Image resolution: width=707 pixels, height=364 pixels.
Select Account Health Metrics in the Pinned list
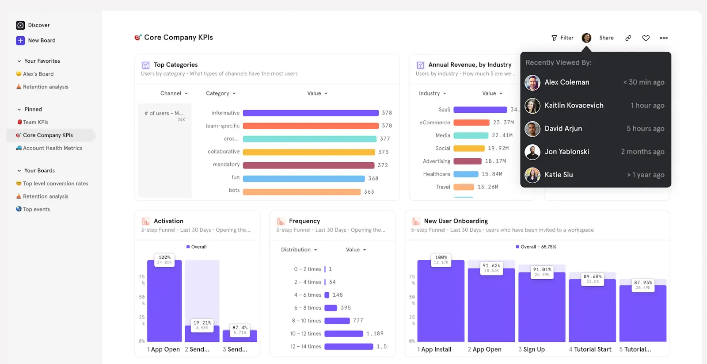click(52, 148)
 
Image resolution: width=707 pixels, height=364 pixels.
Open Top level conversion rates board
click(55, 184)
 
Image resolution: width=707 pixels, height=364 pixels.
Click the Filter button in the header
click(563, 38)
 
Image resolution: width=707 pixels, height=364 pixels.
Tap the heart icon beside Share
click(646, 38)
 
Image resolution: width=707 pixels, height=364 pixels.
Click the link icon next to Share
click(628, 38)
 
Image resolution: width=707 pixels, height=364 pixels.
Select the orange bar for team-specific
click(311, 126)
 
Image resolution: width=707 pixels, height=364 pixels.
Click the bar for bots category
click(302, 192)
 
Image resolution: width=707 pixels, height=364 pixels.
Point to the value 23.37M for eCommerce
click(503, 123)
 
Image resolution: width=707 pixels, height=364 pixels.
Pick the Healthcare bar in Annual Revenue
click(466, 174)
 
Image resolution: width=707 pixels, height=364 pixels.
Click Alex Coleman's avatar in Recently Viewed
click(532, 82)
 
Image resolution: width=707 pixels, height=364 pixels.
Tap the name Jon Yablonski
click(566, 152)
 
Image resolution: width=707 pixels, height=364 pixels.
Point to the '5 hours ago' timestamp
click(645, 129)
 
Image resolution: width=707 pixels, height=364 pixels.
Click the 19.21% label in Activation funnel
click(202, 323)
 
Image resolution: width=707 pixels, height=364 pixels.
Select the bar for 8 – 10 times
click(337, 321)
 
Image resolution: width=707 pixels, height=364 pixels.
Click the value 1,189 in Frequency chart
click(375, 333)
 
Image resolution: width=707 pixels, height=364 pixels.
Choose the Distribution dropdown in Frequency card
click(299, 250)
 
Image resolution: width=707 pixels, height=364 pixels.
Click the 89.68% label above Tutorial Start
click(593, 276)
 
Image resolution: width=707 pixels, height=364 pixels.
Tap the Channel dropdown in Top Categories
click(174, 93)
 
